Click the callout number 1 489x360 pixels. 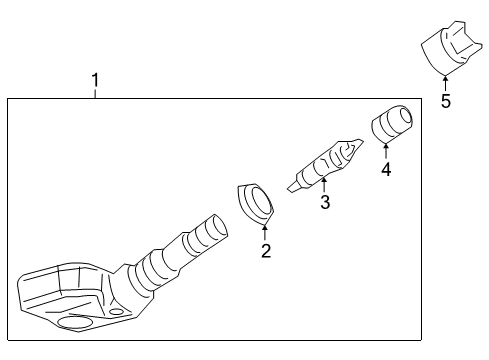coord(95,79)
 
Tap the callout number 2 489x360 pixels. coord(265,250)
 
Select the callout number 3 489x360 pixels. coord(324,203)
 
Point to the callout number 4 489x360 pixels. coord(386,169)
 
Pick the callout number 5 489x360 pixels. coord(446,100)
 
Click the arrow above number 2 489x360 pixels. coord(264,233)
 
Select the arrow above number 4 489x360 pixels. coord(386,152)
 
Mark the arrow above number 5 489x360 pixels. coord(445,83)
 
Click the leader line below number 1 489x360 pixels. coord(95,93)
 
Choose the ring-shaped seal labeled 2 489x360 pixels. coord(258,203)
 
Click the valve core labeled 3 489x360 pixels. coord(324,161)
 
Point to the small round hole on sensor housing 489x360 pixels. coord(116,312)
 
